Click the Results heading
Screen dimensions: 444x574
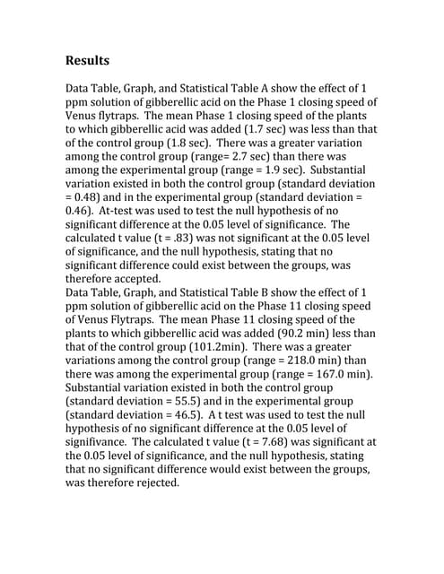coord(88,61)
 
